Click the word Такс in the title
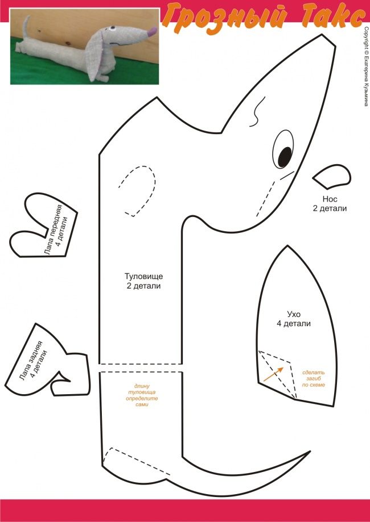point(325,16)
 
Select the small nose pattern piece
point(332,177)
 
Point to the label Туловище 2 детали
point(144,281)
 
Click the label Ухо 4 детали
point(294,319)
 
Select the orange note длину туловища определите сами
point(142,394)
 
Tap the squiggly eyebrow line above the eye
point(257,110)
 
